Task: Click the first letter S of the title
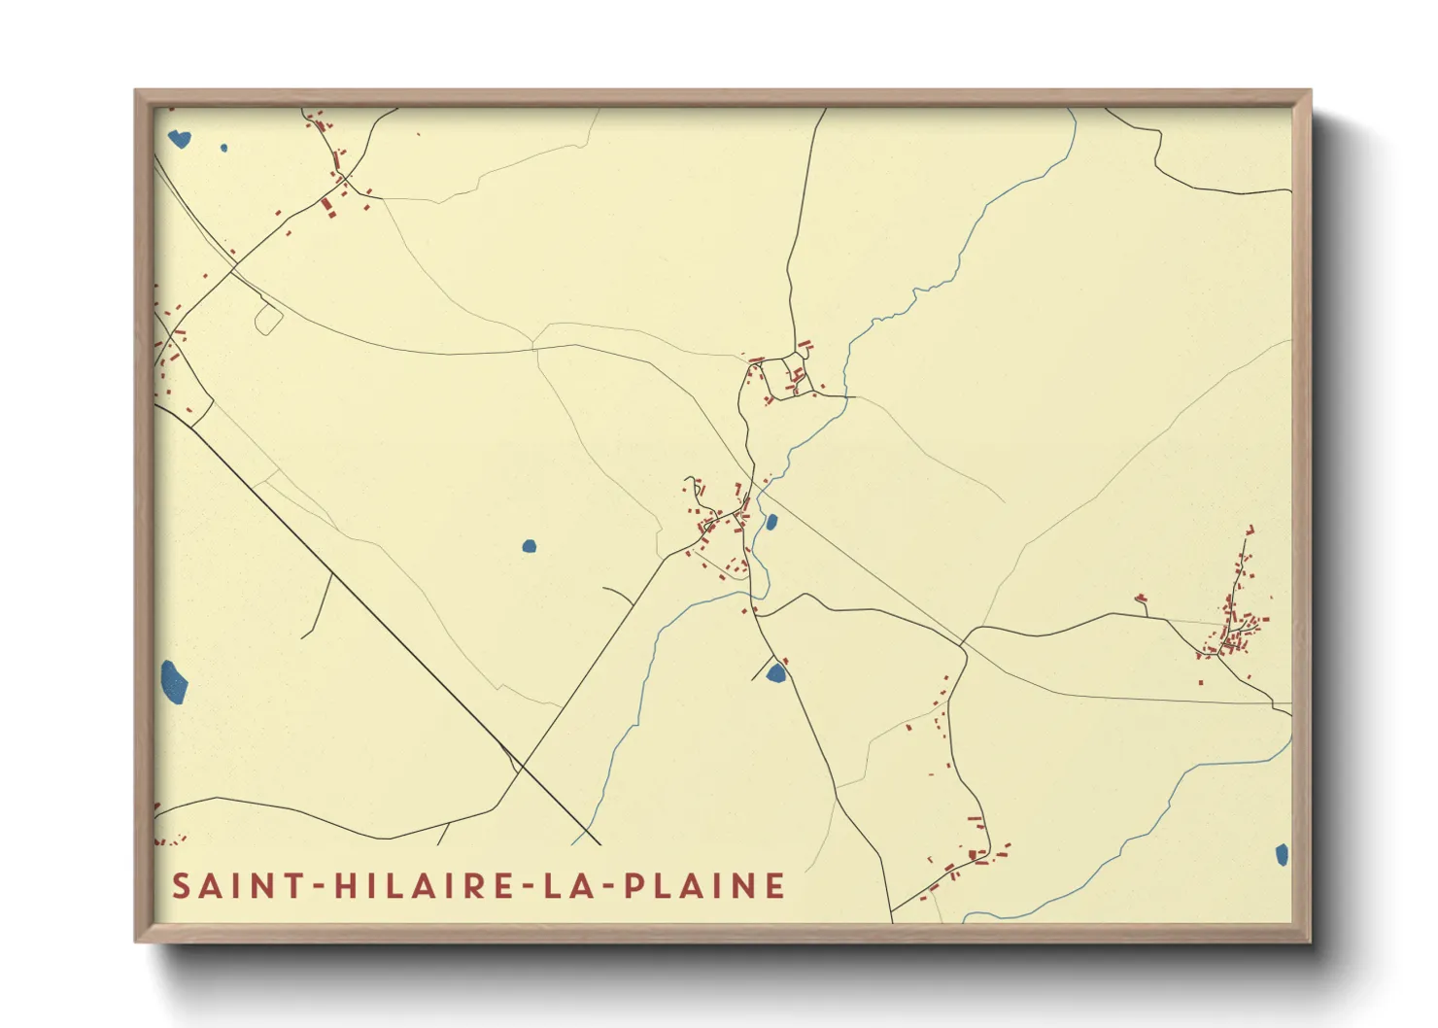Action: click(181, 886)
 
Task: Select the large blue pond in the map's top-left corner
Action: click(180, 139)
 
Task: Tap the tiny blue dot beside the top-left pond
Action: click(223, 149)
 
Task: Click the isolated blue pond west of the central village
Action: click(529, 546)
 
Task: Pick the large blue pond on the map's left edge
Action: click(173, 681)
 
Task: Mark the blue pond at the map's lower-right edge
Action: click(1282, 855)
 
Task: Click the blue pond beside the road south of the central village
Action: click(776, 672)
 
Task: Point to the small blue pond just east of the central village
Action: click(771, 523)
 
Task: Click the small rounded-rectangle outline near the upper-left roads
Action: click(268, 320)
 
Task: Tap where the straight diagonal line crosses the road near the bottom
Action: click(522, 769)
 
